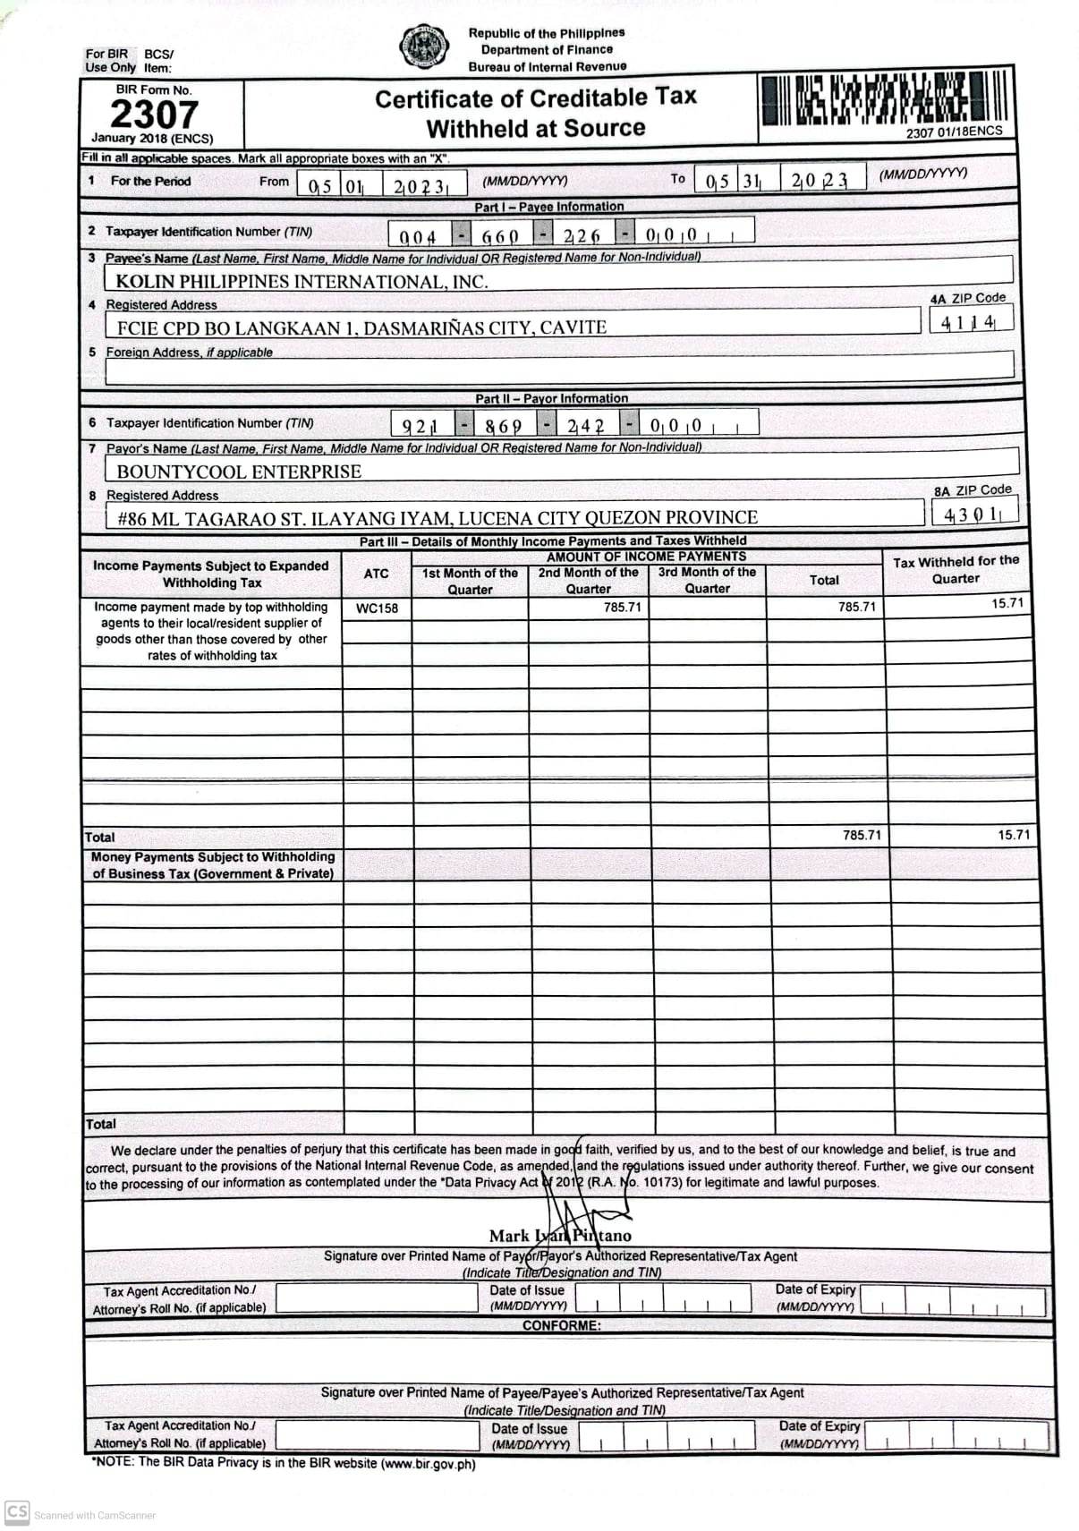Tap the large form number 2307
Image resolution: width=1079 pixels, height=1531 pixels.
coord(153,115)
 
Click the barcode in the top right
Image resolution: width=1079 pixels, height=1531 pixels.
coord(884,98)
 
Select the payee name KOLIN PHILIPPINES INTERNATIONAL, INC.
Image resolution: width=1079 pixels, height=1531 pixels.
coord(302,282)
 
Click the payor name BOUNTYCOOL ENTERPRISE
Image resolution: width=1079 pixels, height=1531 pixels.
coord(239,472)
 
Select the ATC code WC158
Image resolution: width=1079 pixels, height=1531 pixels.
coord(377,608)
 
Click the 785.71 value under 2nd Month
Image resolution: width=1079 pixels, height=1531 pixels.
coord(622,608)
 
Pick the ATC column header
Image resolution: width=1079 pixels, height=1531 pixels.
coord(377,574)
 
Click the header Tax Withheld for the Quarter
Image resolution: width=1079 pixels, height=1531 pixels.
coord(956,570)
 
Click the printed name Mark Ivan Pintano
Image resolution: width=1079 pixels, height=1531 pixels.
coord(560,1236)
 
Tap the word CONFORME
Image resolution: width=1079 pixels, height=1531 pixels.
coord(562,1325)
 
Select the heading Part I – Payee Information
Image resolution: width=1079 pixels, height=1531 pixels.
coord(548,207)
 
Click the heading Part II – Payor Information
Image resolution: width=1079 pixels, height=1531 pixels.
coord(551,398)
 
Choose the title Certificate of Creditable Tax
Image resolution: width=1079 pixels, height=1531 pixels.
coord(535,98)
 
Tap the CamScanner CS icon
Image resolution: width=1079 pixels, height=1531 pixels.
coord(17,1511)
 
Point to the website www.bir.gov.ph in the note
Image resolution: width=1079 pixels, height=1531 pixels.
coord(428,1465)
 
